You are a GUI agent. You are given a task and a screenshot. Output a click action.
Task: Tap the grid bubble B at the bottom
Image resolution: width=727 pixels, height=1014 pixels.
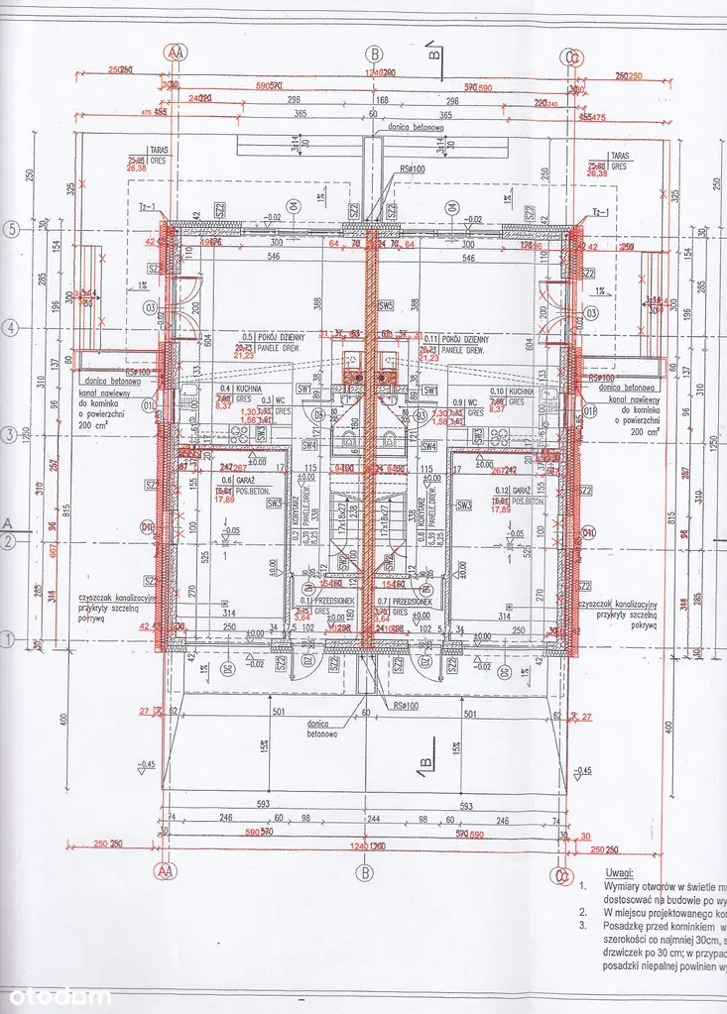coord(365,872)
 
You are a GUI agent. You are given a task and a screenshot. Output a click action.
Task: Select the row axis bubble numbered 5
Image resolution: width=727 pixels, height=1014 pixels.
coord(12,227)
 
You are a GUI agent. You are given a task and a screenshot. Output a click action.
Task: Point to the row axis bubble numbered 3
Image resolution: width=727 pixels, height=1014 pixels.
coord(12,434)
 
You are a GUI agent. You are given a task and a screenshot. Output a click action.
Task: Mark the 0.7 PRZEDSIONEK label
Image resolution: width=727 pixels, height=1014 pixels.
coord(409,601)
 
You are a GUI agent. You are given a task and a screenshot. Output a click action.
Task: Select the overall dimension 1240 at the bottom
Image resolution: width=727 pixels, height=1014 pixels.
coord(365,846)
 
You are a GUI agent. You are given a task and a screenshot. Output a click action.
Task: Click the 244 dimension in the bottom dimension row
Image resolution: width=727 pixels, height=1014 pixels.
coord(365,819)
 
